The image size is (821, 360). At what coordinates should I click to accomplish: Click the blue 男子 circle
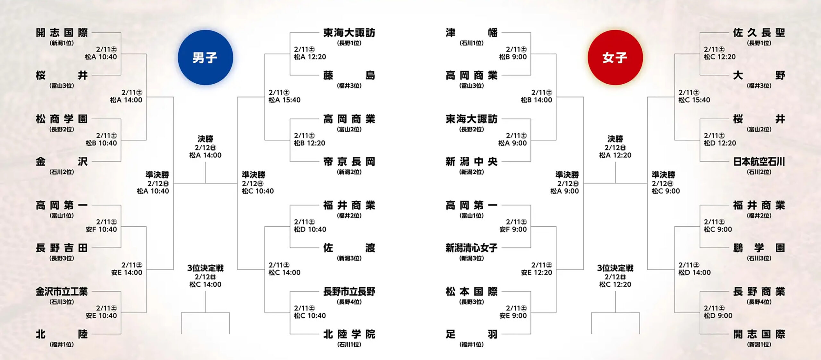tap(205, 57)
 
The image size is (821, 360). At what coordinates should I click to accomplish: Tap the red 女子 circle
tap(615, 57)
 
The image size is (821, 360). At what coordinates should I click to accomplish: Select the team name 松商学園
tap(62, 119)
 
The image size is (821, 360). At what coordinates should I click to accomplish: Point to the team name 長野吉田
tap(62, 248)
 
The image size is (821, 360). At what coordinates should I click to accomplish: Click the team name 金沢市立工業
tap(62, 291)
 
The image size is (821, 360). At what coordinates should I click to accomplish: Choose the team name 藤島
tap(349, 75)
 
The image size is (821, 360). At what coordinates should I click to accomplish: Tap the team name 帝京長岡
tap(349, 162)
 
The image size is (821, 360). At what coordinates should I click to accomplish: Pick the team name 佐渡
tap(349, 248)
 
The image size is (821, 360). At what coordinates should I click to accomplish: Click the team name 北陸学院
tap(349, 334)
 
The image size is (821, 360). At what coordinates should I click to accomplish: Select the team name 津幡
tap(471, 32)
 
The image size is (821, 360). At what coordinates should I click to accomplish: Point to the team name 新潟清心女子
tap(471, 248)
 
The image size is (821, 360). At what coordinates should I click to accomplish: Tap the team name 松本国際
tap(471, 291)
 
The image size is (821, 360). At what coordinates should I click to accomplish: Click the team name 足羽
tap(471, 334)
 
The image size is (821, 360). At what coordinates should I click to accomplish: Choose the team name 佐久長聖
tap(759, 32)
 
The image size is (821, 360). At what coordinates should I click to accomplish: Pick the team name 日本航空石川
tap(759, 162)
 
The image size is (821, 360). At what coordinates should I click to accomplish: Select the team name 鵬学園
tap(759, 248)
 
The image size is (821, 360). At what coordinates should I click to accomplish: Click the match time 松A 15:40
tap(284, 100)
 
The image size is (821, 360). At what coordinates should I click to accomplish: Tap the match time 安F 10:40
tap(101, 230)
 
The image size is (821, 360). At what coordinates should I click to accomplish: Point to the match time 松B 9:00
tap(513, 57)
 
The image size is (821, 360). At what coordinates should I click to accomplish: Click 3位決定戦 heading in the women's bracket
tap(615, 268)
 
